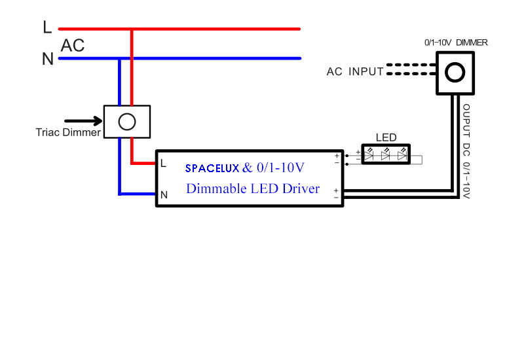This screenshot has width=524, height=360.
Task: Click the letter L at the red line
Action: [x=47, y=27]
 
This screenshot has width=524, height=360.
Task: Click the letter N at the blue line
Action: [x=47, y=59]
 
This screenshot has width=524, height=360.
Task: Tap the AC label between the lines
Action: [x=73, y=46]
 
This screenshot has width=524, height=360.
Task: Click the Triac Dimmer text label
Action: [x=68, y=132]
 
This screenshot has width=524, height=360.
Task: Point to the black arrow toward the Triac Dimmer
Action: [x=84, y=121]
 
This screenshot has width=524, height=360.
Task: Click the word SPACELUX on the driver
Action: [x=212, y=168]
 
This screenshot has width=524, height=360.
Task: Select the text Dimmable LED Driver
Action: [x=253, y=189]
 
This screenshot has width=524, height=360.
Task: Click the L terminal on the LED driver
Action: [x=163, y=163]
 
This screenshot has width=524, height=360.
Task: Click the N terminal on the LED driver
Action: [x=164, y=194]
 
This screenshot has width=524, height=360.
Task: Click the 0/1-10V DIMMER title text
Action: [x=456, y=43]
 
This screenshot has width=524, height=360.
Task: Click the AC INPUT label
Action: [x=355, y=71]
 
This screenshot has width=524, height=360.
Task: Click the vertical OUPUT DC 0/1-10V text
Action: [x=466, y=151]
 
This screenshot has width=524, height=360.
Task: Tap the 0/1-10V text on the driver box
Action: [x=280, y=168]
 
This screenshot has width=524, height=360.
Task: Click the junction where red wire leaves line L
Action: [x=133, y=29]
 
